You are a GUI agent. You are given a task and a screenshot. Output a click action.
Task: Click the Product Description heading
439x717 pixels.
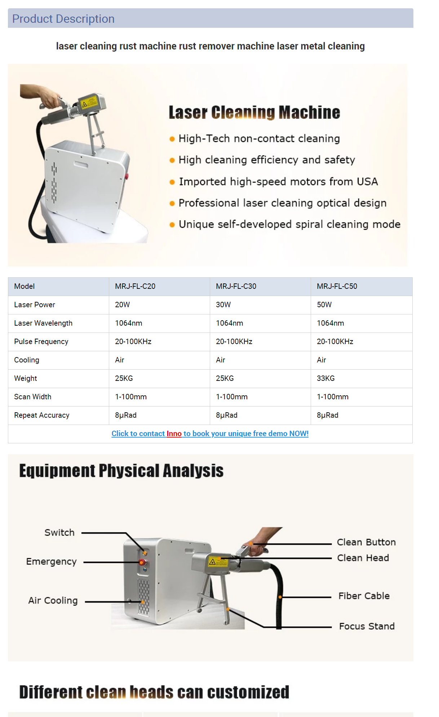pyautogui.click(x=63, y=19)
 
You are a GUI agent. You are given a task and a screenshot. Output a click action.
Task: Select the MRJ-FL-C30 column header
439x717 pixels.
pyautogui.click(x=236, y=286)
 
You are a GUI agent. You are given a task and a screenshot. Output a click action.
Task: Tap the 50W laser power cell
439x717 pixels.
pyautogui.click(x=324, y=305)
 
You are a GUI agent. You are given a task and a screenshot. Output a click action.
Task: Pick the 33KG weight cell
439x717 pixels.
pyautogui.click(x=325, y=378)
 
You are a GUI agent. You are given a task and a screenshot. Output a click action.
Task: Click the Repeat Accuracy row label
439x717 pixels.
pyautogui.click(x=42, y=415)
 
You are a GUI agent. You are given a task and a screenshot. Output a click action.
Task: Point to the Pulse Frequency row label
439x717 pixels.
pyautogui.click(x=41, y=342)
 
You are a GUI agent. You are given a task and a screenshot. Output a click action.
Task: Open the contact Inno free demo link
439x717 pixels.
pyautogui.click(x=210, y=434)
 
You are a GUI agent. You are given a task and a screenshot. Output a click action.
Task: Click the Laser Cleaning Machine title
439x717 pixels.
pyautogui.click(x=254, y=113)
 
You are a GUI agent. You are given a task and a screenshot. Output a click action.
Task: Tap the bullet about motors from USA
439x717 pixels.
pyautogui.click(x=278, y=182)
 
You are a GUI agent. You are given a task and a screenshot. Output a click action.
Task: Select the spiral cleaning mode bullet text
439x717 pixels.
pyautogui.click(x=289, y=224)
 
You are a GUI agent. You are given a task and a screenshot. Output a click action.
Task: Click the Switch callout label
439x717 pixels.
pyautogui.click(x=59, y=533)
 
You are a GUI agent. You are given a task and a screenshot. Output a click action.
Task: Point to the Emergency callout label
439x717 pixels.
pyautogui.click(x=52, y=562)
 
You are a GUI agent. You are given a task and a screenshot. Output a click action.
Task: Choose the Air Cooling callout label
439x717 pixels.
pyautogui.click(x=53, y=600)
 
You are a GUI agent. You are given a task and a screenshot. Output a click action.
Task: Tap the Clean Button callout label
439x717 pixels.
pyautogui.click(x=366, y=542)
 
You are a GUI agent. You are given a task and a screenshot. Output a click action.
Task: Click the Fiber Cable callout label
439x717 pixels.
pyautogui.click(x=364, y=596)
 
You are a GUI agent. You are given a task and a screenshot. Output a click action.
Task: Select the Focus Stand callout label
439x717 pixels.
pyautogui.click(x=367, y=626)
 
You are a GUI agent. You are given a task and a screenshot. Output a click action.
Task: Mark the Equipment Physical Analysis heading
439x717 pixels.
pyautogui.click(x=121, y=471)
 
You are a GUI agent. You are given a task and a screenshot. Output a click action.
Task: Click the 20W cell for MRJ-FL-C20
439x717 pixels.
pyautogui.click(x=123, y=305)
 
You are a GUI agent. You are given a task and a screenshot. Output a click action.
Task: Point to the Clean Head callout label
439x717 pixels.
pyautogui.click(x=363, y=558)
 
